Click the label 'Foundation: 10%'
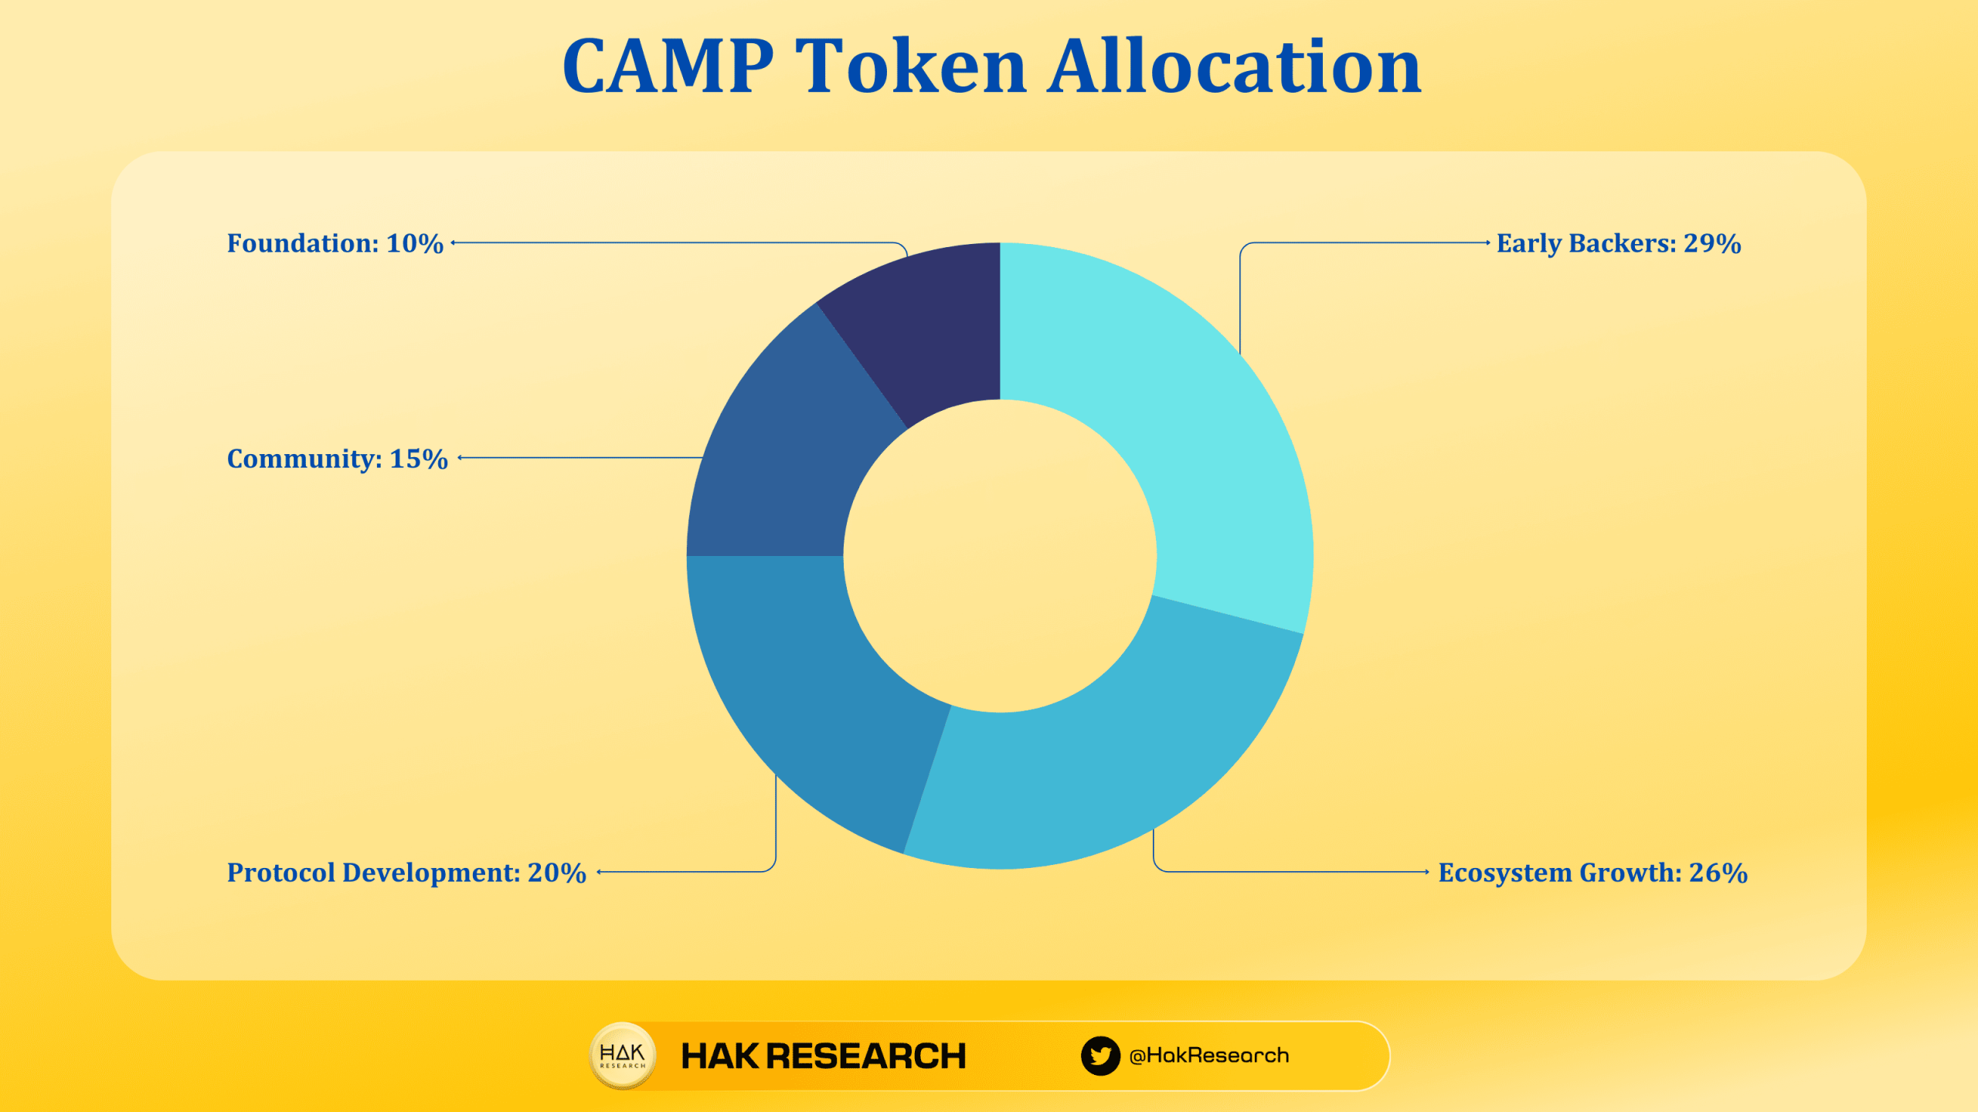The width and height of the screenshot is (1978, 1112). point(335,243)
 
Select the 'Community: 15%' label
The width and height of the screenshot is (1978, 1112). point(337,459)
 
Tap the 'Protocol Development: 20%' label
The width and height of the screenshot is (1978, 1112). point(406,873)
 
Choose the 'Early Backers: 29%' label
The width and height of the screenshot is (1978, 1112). point(1619,243)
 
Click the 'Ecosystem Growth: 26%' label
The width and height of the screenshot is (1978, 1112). point(1592,873)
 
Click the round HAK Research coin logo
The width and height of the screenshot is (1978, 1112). point(623,1056)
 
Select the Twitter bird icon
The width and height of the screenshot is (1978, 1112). point(1100,1056)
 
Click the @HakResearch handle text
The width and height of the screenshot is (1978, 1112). point(1209,1056)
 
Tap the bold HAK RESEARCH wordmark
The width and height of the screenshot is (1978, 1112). point(824,1056)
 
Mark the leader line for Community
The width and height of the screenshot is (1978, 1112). point(579,458)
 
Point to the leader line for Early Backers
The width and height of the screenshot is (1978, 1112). point(1360,242)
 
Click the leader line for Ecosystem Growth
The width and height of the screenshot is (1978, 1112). point(1290,872)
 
